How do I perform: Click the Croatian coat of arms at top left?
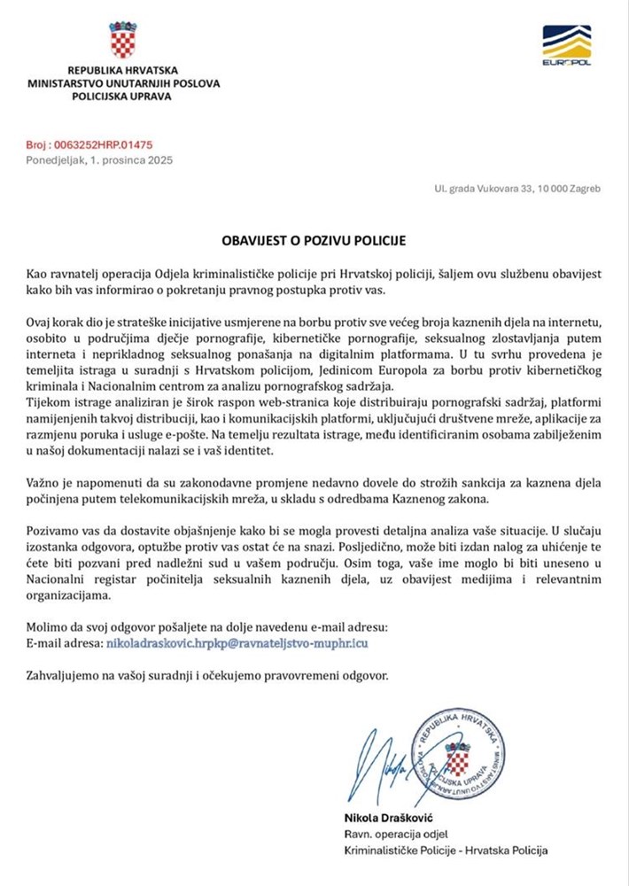tap(123, 41)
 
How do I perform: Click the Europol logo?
tap(566, 46)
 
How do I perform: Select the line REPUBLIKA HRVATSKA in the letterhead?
tap(123, 70)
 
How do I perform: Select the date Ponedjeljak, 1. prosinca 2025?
tap(99, 160)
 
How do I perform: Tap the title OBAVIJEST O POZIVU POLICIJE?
tap(314, 240)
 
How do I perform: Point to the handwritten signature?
tap(388, 763)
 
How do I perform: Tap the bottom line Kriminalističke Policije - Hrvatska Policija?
tap(445, 851)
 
